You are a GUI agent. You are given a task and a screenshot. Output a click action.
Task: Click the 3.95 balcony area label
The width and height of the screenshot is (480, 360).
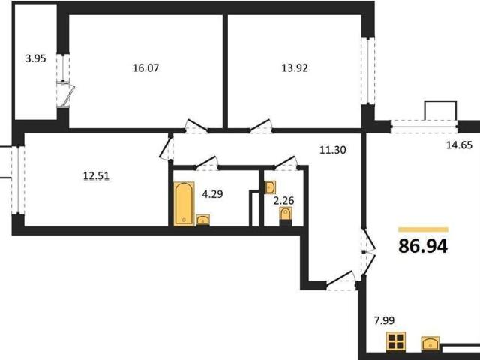point(35,58)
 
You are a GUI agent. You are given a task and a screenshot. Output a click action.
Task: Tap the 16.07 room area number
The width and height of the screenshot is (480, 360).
point(145,67)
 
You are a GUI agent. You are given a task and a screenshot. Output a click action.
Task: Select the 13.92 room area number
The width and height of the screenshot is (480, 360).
point(295,67)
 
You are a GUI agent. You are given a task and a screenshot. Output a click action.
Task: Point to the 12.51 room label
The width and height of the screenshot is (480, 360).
point(97,176)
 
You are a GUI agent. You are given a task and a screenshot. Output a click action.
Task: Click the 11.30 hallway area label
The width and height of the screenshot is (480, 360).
point(333,150)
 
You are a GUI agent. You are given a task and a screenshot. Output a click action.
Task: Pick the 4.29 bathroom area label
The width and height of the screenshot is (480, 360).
point(213,194)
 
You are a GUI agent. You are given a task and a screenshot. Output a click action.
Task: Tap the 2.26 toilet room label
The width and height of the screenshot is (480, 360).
point(283,201)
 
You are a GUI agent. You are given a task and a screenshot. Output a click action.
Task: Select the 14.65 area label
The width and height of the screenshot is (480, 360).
point(459,145)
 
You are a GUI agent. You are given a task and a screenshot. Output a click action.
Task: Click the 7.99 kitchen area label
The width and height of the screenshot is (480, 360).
point(385,320)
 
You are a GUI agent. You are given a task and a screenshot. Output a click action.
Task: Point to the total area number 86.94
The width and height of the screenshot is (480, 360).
point(423,246)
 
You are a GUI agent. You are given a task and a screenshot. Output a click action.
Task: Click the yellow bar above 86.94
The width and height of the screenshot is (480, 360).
point(423,229)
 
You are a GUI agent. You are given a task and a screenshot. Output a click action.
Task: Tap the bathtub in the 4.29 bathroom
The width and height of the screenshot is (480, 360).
point(184,203)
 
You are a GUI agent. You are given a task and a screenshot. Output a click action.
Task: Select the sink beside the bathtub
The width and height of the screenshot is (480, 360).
point(202,220)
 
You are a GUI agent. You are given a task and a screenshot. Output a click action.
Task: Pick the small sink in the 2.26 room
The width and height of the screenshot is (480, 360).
point(270,187)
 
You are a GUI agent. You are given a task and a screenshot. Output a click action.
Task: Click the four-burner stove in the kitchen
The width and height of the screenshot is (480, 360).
point(396,341)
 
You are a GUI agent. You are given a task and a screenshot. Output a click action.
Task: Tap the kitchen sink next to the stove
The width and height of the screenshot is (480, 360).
point(430,343)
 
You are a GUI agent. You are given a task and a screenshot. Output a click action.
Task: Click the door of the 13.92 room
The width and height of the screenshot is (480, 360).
point(260,126)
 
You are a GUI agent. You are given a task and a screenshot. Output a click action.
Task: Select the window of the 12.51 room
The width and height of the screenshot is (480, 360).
point(18,180)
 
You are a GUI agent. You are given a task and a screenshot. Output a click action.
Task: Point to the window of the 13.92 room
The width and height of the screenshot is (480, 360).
point(368,70)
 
